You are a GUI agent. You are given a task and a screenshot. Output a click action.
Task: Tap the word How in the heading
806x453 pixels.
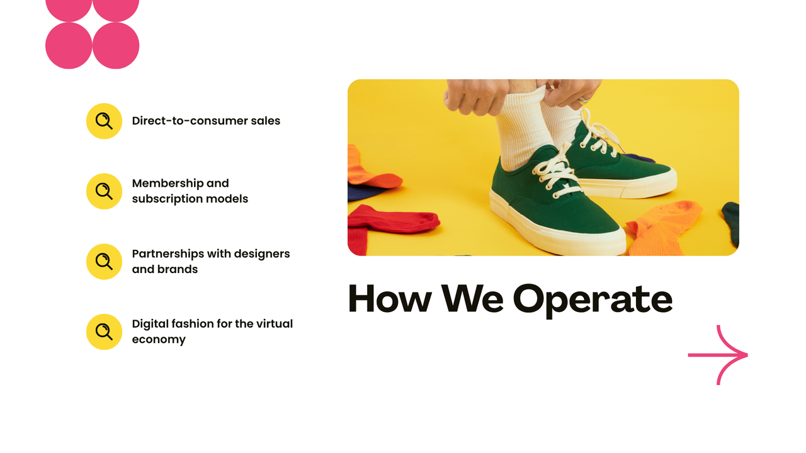[389, 299]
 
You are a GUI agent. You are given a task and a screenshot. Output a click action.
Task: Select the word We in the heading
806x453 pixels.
[472, 299]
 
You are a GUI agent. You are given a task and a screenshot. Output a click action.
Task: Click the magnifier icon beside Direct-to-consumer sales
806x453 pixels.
[104, 121]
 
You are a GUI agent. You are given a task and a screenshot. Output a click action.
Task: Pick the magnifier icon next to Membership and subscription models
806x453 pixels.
[104, 191]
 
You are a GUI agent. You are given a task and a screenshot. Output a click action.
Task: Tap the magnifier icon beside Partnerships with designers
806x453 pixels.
[104, 262]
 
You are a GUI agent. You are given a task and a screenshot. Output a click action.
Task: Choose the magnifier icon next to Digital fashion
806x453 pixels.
[104, 332]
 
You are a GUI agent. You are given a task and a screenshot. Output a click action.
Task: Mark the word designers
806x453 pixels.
[261, 254]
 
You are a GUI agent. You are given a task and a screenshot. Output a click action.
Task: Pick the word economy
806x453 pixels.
[159, 340]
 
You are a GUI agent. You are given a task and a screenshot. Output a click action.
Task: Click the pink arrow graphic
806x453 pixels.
[718, 355]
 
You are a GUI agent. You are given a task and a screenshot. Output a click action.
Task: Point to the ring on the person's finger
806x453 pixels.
[583, 99]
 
